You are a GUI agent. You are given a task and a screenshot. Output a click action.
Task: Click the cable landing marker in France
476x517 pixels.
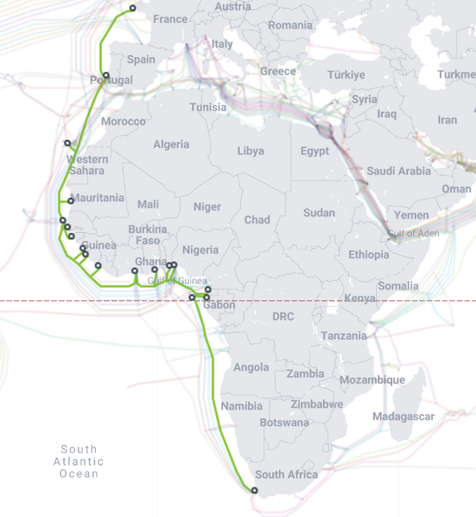(x=133, y=9)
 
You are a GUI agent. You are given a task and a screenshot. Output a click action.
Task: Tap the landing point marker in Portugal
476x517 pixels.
(x=106, y=75)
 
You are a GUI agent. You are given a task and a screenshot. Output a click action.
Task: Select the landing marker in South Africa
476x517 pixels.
(x=254, y=490)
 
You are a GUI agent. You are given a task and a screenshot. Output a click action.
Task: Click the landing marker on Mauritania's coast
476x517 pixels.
(x=71, y=201)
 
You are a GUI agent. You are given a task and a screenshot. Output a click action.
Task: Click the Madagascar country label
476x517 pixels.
(x=403, y=416)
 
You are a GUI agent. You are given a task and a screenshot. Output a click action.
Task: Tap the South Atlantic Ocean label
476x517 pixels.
(x=79, y=461)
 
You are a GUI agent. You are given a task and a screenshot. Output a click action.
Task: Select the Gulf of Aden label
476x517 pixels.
(x=413, y=233)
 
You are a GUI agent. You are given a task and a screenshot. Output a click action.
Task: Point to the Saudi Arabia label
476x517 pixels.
(x=398, y=171)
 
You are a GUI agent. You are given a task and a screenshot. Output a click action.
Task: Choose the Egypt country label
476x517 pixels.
(x=314, y=151)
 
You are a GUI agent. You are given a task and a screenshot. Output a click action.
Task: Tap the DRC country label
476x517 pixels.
(x=282, y=317)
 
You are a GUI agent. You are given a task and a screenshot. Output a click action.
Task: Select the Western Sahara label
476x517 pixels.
(x=87, y=164)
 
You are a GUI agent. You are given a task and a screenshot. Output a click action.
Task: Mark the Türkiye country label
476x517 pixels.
(x=346, y=75)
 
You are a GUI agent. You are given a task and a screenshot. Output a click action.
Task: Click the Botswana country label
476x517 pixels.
(x=284, y=423)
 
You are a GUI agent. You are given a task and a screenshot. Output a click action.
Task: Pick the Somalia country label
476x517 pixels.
(x=398, y=286)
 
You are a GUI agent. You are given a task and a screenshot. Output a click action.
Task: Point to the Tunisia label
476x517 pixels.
(x=207, y=107)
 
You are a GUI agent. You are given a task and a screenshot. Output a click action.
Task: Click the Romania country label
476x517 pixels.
(x=290, y=26)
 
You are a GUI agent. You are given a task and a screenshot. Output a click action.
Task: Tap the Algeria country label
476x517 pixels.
(x=171, y=145)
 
